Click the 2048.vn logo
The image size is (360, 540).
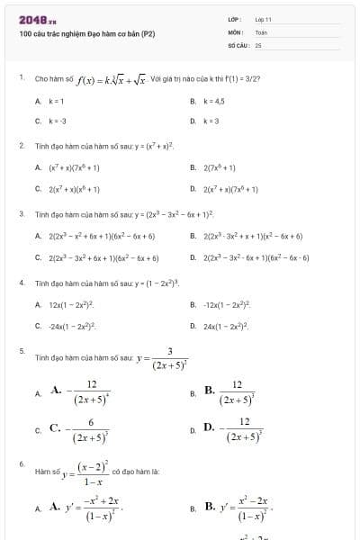click(37, 20)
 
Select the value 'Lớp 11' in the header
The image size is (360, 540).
click(263, 19)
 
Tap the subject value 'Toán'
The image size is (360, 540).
click(261, 31)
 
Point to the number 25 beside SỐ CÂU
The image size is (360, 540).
click(258, 43)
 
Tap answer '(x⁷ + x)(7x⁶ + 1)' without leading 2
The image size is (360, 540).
click(67, 166)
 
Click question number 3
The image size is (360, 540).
click(22, 214)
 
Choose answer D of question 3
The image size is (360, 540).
click(256, 257)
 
